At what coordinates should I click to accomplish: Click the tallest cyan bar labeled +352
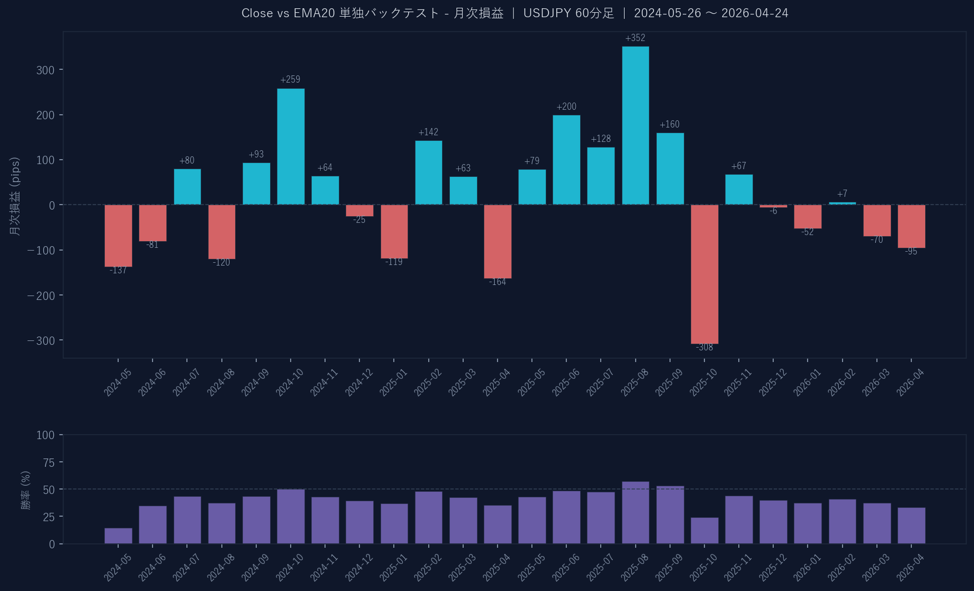635,125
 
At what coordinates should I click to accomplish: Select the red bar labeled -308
704,274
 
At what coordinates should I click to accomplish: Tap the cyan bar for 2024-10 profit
291,146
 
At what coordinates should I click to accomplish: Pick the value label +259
290,80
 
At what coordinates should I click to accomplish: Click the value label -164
497,282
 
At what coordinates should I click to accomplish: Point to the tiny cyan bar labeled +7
842,203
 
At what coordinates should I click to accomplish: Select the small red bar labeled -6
773,206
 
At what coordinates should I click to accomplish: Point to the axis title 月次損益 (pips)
15,196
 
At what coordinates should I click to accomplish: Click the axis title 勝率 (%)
26,490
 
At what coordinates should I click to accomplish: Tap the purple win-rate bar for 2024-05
118,536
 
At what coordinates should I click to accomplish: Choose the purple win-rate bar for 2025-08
635,513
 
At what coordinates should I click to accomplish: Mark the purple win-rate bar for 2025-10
704,531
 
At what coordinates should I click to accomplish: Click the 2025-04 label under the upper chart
496,383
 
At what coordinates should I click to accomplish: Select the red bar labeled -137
118,236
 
